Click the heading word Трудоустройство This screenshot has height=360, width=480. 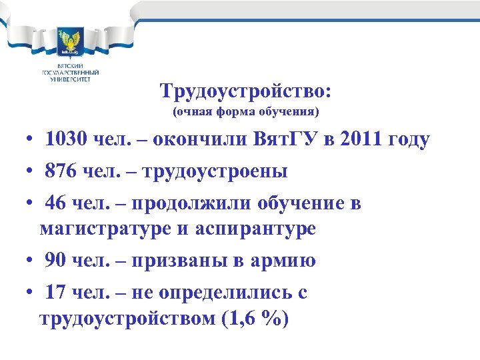[x=245, y=90]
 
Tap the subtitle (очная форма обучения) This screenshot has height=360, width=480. [x=246, y=111]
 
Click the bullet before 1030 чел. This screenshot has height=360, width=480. [x=23, y=141]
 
